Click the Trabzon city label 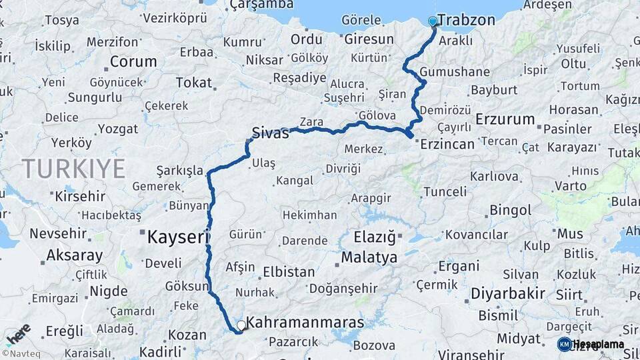coord(467,20)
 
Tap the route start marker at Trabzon coord(433,21)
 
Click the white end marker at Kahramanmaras coord(241,325)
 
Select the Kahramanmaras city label coord(305,323)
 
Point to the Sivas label coord(271,132)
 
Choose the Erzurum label coord(505,120)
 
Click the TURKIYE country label coord(73,169)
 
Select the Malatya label coord(369,257)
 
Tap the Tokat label coord(193,83)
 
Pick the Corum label coord(133,62)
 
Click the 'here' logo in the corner coord(18,333)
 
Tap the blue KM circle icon coord(564,344)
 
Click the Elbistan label coord(289,272)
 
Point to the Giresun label coord(369,39)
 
